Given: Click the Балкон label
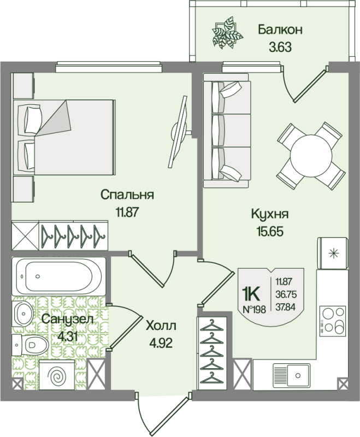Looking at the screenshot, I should [280, 29].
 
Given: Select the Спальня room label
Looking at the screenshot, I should [127, 194].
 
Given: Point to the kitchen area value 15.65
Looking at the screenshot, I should [269, 231].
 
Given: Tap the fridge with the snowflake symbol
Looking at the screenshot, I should [333, 253].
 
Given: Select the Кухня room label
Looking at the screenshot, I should [269, 214].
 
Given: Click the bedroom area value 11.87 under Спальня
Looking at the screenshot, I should [127, 211].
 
